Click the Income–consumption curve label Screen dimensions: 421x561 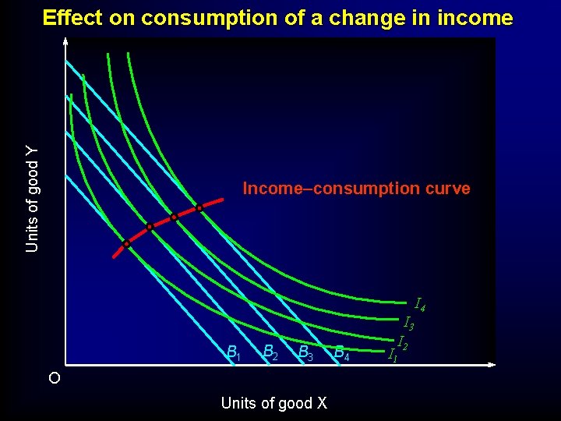pos(356,189)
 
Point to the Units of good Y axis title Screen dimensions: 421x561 pos(32,199)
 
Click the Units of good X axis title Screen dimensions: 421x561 pos(274,403)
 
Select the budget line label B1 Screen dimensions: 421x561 pos(233,353)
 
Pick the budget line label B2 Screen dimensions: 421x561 pos(270,352)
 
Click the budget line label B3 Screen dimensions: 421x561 pos(306,354)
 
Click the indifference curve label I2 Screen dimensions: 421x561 pos(404,341)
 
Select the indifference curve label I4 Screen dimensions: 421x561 pos(420,303)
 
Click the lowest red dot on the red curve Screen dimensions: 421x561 pos(126,244)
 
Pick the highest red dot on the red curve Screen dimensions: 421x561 pos(199,208)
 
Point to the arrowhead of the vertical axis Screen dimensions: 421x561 pos(66,41)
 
